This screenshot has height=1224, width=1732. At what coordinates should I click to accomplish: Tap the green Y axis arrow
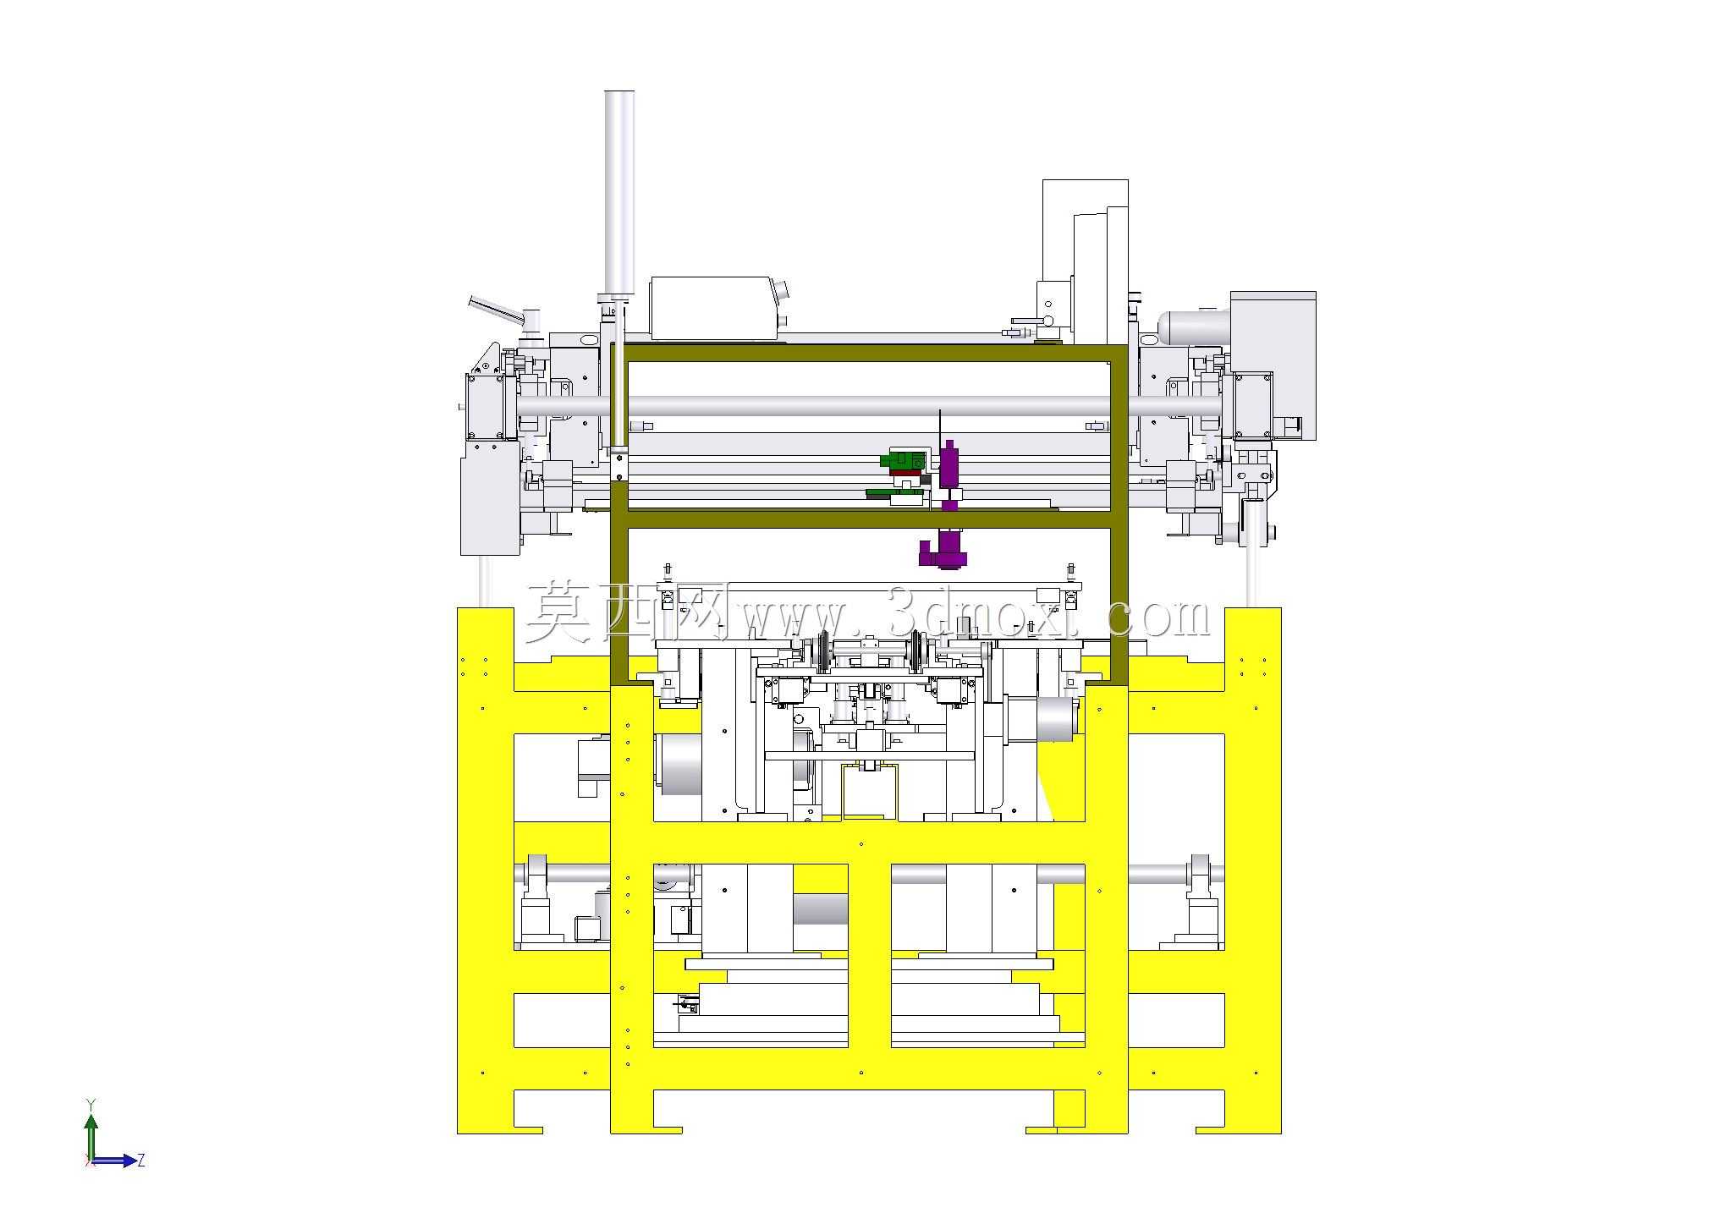point(91,1130)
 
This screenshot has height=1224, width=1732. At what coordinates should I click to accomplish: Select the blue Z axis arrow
point(113,1161)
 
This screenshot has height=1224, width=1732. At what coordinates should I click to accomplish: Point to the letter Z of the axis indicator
point(141,1160)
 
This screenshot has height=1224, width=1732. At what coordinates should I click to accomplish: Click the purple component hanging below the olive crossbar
point(944,548)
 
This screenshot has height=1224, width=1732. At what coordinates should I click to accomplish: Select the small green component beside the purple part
point(903,460)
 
